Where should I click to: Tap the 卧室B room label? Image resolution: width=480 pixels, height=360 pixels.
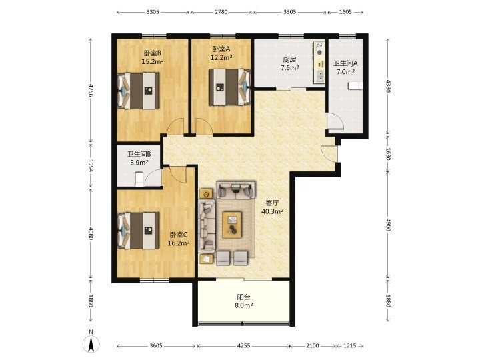153,53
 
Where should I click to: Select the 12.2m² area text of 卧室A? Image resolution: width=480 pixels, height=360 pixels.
221,57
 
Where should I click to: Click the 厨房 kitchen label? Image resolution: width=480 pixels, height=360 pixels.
289,60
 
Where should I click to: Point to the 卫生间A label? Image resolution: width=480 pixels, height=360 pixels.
345,63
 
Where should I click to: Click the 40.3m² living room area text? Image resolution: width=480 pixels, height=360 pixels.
272,211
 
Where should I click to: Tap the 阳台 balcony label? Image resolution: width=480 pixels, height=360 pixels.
244,297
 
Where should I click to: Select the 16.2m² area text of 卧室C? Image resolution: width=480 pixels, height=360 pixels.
179,243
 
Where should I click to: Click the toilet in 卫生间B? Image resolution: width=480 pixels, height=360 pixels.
139,179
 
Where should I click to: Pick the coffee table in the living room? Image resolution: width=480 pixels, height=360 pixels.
232,225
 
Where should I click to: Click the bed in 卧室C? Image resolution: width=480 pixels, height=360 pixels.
139,231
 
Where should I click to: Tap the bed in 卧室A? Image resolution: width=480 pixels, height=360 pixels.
230,87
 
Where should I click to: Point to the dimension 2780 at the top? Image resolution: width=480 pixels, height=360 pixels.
221,12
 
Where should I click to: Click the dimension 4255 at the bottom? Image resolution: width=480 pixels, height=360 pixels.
244,345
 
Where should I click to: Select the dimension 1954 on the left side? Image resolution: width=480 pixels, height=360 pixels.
91,165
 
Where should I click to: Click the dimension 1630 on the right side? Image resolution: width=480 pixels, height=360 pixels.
388,154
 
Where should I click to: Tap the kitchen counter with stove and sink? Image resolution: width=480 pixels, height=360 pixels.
319,62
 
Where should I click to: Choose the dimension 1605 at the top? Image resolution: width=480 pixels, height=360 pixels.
345,12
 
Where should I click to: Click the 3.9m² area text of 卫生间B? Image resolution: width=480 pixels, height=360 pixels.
139,163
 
